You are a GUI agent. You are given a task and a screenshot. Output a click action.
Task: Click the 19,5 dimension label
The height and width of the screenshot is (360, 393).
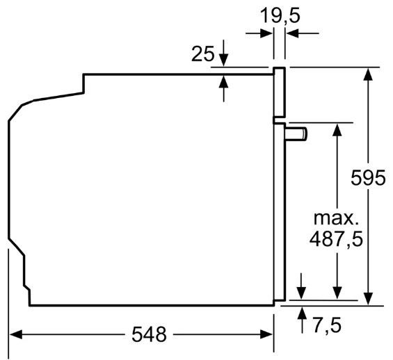[x=280, y=16]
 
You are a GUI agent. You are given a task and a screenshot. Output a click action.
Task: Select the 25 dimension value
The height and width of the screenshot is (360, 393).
[x=203, y=54]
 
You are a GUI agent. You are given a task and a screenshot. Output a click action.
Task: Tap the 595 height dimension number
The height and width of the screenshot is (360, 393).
[x=368, y=177]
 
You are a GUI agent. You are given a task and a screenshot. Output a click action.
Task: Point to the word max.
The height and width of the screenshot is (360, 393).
[x=336, y=218]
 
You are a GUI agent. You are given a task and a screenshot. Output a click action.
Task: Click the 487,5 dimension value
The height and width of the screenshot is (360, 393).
[x=336, y=239]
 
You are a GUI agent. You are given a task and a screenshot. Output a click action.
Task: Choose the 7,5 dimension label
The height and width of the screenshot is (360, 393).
[x=328, y=325]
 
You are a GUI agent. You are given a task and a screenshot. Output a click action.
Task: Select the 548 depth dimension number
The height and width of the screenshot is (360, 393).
[x=149, y=334]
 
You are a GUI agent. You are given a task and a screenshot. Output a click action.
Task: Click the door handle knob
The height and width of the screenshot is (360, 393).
[x=296, y=134]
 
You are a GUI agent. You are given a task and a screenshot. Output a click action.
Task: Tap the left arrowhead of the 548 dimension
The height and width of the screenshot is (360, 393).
[x=15, y=334]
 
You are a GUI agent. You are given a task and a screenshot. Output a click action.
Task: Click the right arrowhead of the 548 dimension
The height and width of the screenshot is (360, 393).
[x=266, y=334]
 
